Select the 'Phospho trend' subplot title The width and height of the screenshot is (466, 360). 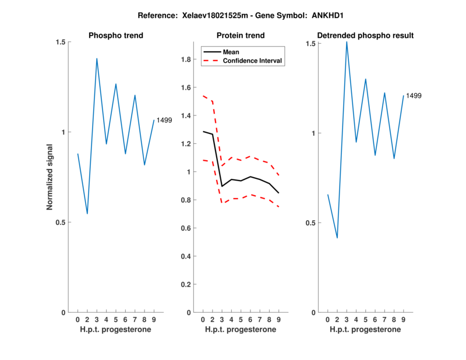(116, 36)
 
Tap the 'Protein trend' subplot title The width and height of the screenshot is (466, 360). (241, 36)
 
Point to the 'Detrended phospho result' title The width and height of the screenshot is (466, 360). (365, 36)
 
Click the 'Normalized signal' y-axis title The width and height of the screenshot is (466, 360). (50, 177)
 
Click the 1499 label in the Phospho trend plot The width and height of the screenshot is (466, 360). (164, 120)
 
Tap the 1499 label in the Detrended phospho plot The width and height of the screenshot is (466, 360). (414, 96)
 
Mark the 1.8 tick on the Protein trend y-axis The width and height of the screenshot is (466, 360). (186, 59)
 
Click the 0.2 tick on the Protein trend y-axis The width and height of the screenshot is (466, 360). (186, 284)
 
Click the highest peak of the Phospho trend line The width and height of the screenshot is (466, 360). (97, 58)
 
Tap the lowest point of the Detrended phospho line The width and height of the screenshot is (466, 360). (337, 238)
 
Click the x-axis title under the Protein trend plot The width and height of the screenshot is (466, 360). (241, 330)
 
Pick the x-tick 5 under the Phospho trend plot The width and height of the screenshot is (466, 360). (116, 319)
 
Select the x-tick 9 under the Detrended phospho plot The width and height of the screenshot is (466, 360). (403, 319)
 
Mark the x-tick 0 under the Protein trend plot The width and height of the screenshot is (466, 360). (203, 319)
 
